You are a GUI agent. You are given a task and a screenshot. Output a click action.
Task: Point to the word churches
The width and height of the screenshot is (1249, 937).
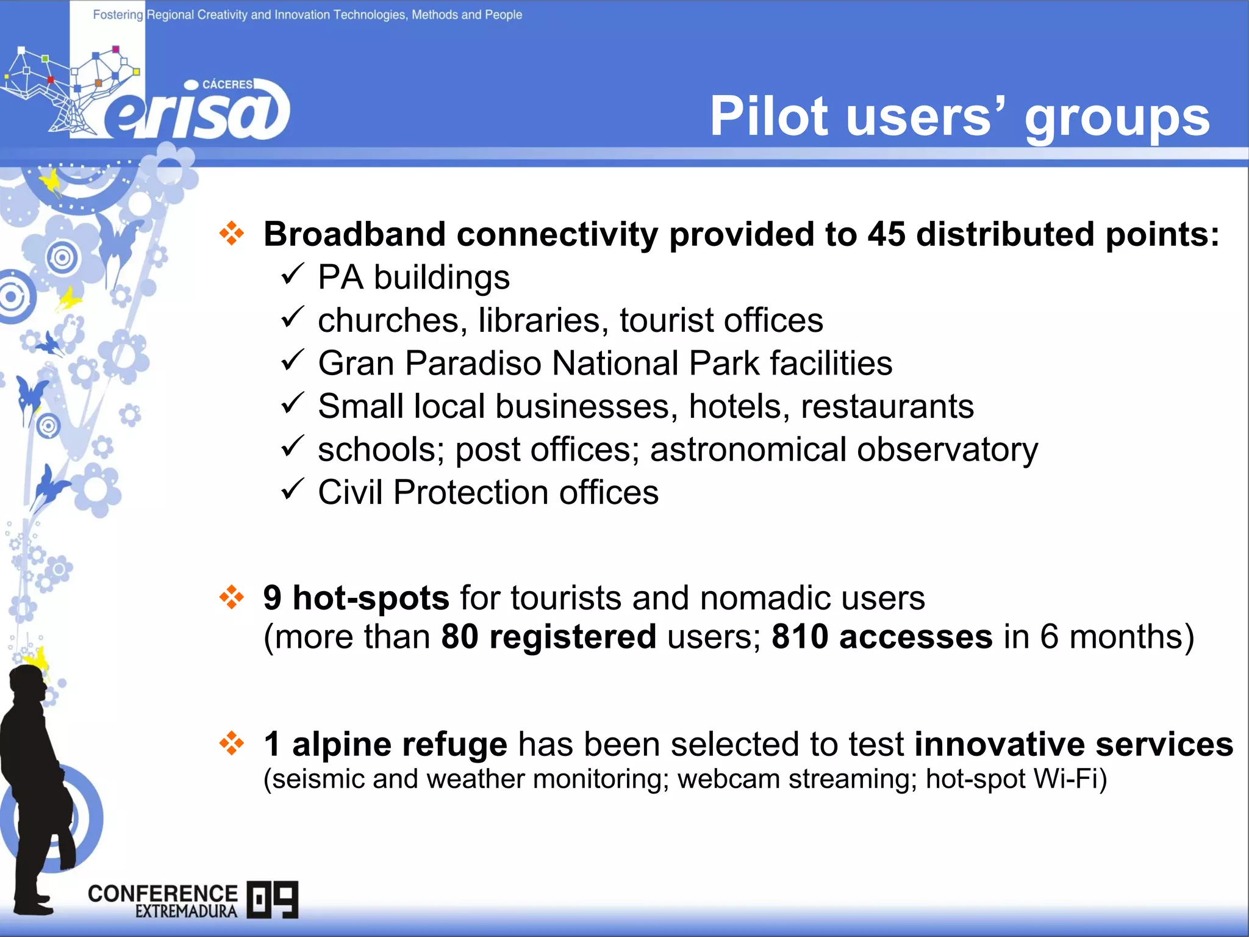(388, 321)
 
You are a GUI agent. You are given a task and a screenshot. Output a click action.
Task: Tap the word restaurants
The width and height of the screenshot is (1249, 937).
(887, 406)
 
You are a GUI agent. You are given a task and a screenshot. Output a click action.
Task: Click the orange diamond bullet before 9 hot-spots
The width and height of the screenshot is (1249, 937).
(232, 597)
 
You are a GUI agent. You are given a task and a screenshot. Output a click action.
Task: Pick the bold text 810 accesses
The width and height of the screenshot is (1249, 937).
(881, 637)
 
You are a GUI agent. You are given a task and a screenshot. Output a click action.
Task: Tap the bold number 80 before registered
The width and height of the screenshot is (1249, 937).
(459, 637)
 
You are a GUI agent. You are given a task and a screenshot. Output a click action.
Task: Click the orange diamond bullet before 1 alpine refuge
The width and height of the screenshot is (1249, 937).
(232, 743)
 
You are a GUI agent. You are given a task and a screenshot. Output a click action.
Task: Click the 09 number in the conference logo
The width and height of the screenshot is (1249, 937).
(273, 899)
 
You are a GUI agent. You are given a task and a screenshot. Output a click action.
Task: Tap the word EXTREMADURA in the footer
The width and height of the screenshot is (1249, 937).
(186, 911)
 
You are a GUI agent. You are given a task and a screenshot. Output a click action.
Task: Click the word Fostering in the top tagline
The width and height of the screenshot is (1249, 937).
(118, 15)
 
